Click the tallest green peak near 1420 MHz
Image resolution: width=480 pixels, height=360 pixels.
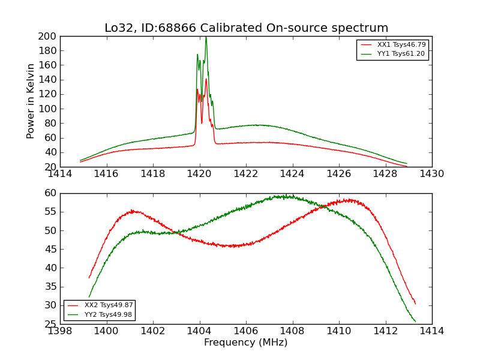click(x=206, y=38)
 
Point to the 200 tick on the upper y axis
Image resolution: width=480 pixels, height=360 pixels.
click(x=49, y=37)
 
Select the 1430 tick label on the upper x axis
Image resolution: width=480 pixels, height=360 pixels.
click(x=431, y=174)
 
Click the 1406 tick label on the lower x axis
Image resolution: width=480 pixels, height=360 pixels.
click(x=246, y=331)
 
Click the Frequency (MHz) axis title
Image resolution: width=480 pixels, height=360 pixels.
click(x=246, y=343)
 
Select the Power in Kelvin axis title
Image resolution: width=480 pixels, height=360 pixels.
click(x=31, y=101)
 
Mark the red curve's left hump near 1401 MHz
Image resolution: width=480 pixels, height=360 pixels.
click(x=133, y=211)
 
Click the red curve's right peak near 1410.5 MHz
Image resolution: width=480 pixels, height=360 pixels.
click(x=349, y=200)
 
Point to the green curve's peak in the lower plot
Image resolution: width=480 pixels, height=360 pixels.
click(x=282, y=196)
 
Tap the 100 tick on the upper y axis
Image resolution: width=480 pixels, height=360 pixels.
click(x=49, y=109)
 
